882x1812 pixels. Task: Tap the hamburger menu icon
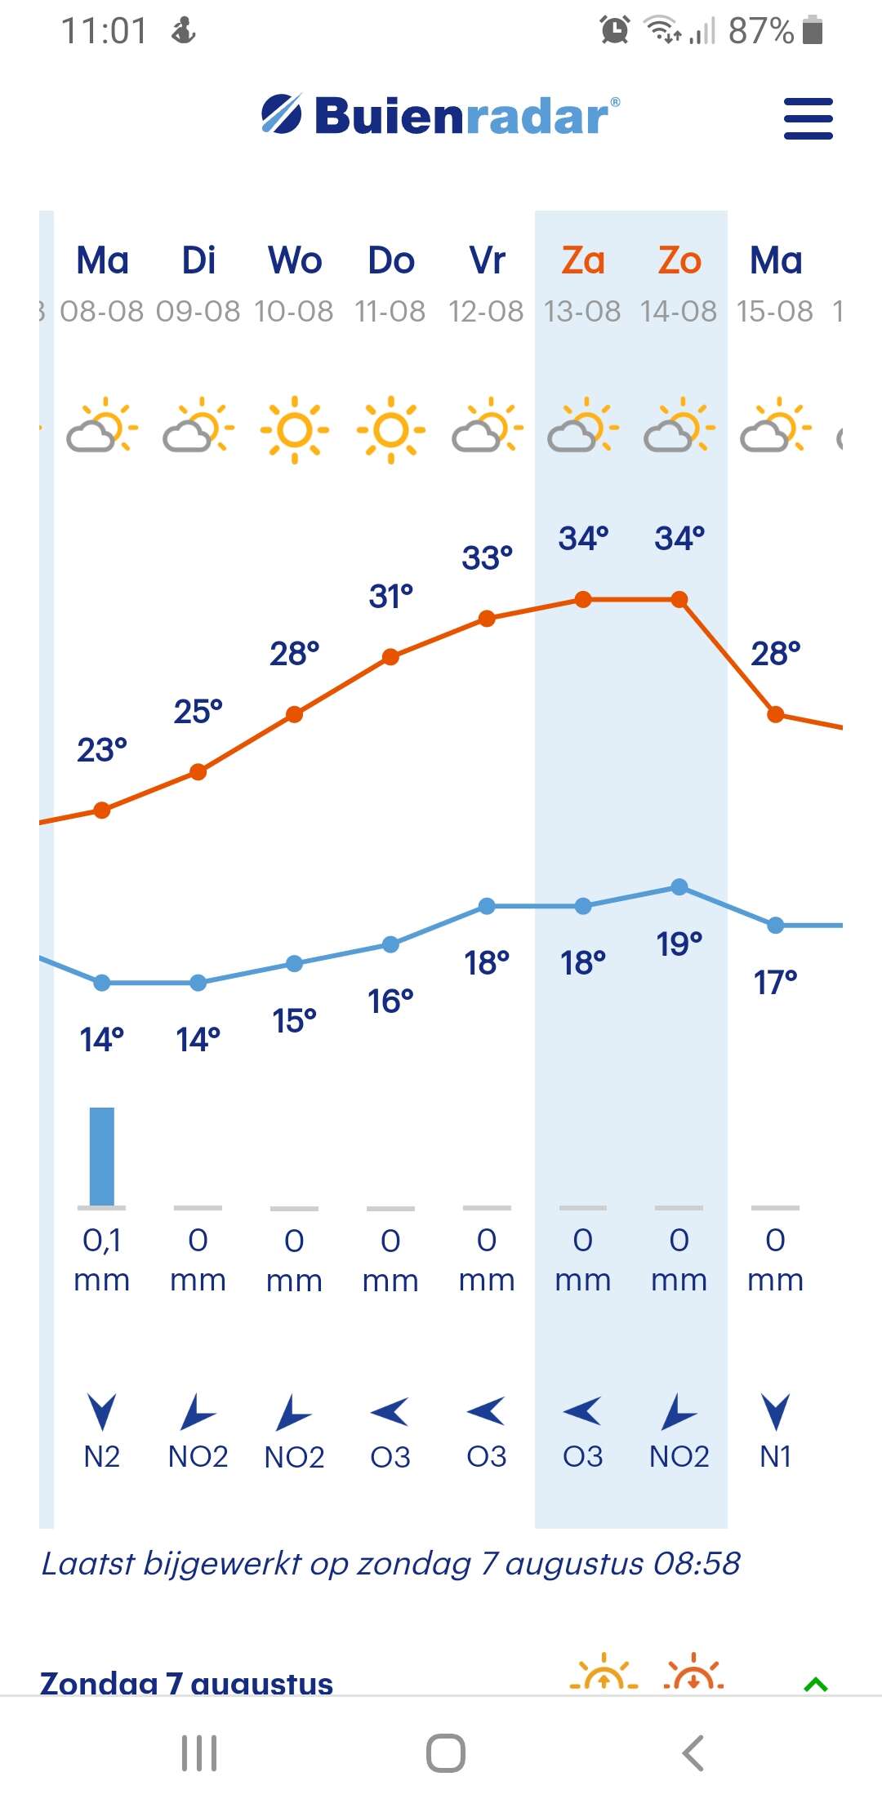point(808,118)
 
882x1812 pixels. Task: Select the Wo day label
point(295,261)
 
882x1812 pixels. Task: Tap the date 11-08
point(390,312)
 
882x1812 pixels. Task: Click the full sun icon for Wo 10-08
point(295,430)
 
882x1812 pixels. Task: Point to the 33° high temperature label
point(487,558)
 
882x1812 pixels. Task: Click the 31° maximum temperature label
point(390,597)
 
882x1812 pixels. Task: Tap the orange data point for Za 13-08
point(583,600)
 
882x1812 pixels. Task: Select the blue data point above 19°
point(679,887)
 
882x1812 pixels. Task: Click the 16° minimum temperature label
point(390,1001)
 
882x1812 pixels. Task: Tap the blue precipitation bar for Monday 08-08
point(102,1156)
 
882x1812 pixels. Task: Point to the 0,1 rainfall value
point(102,1241)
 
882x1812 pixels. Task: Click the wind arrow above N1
point(776,1411)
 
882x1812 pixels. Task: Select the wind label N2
point(102,1457)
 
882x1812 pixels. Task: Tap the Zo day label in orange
point(679,261)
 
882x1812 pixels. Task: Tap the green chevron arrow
point(816,1685)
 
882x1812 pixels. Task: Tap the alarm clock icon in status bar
point(615,30)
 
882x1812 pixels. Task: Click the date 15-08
point(775,312)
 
